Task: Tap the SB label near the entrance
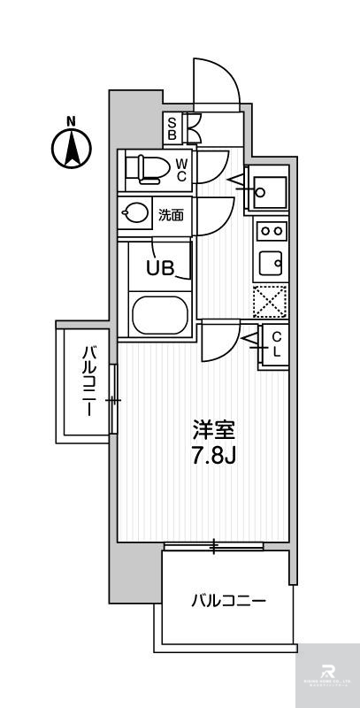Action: (172, 128)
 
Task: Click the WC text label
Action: (180, 169)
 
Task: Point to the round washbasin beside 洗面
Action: (136, 213)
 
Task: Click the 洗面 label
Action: (171, 214)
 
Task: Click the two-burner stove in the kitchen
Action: (271, 232)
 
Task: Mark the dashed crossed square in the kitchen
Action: (270, 301)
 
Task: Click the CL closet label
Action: (276, 343)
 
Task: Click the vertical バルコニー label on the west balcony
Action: (88, 382)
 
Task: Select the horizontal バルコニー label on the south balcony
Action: (229, 601)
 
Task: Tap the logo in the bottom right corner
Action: (326, 674)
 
